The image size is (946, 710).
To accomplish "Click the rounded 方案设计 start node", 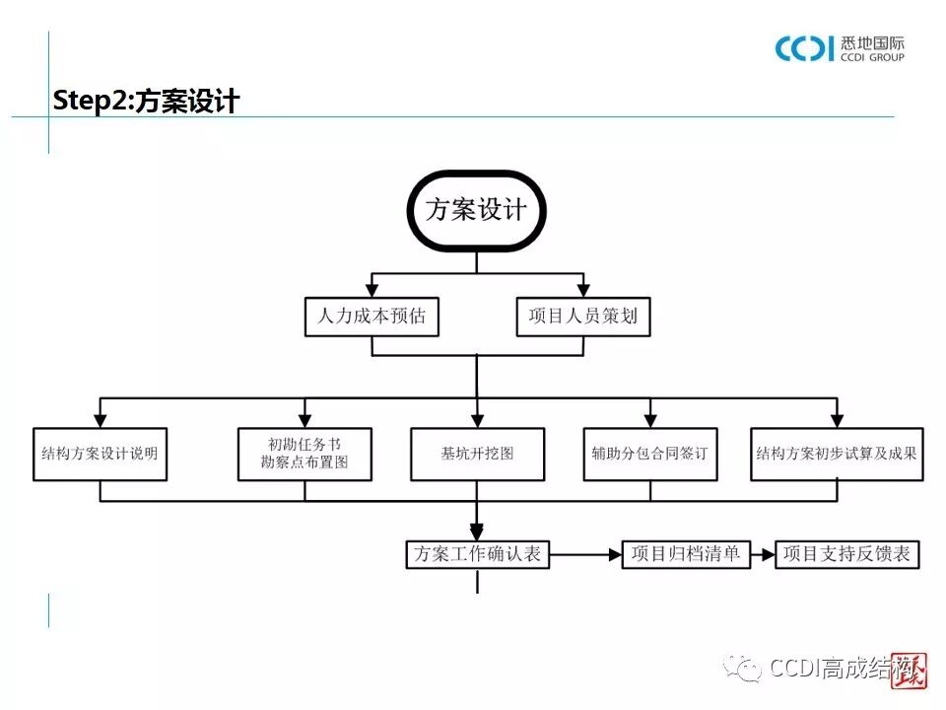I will click(476, 211).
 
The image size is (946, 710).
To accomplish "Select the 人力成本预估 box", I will click(372, 317).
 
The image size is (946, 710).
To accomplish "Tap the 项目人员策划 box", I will click(583, 317).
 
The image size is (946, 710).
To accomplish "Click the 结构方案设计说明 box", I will click(100, 455).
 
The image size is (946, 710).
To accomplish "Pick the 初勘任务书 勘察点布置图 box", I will click(304, 455).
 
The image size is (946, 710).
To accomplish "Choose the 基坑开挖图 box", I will click(477, 455).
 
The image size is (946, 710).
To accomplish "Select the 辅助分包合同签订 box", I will click(649, 455).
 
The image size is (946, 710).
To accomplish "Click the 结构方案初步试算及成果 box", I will click(837, 455).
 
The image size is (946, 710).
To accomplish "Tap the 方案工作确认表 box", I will click(477, 554).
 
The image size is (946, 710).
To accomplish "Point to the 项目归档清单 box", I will click(686, 554).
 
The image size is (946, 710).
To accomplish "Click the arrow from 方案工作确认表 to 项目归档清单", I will click(585, 554).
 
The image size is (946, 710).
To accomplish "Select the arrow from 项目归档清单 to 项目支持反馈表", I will click(763, 554).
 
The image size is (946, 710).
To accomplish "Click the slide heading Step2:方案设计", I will click(146, 102).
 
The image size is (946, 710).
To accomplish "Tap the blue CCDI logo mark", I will click(804, 48).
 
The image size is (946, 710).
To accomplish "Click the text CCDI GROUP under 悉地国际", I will click(873, 57).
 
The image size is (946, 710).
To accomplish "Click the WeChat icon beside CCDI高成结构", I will click(744, 669).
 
